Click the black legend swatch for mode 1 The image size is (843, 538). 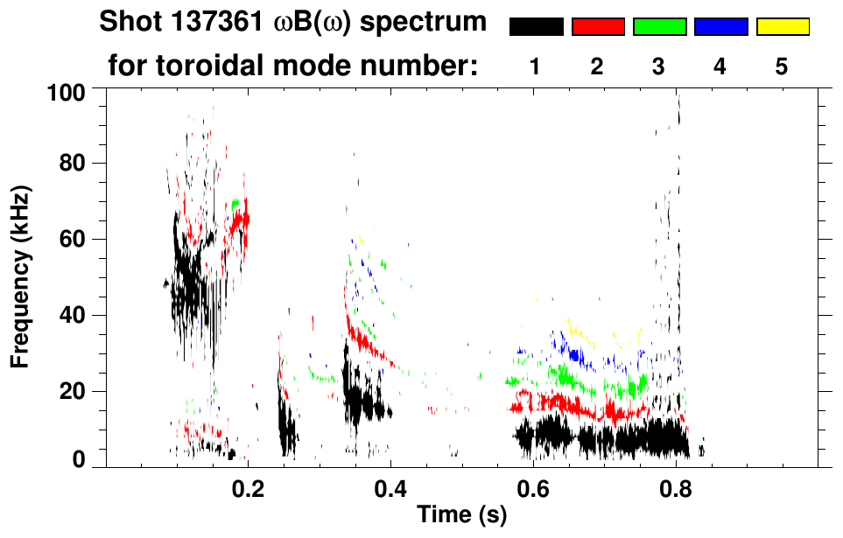pos(536,27)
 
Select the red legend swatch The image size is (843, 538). pos(598,27)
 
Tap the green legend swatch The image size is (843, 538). pos(659,27)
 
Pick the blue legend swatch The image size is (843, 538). pos(720,27)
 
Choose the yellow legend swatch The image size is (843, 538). pos(783,27)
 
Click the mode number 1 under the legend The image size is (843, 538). pos(536,66)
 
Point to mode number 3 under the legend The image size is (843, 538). pos(658,66)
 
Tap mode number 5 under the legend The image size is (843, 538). pos(782,66)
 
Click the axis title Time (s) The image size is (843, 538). pos(461,515)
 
